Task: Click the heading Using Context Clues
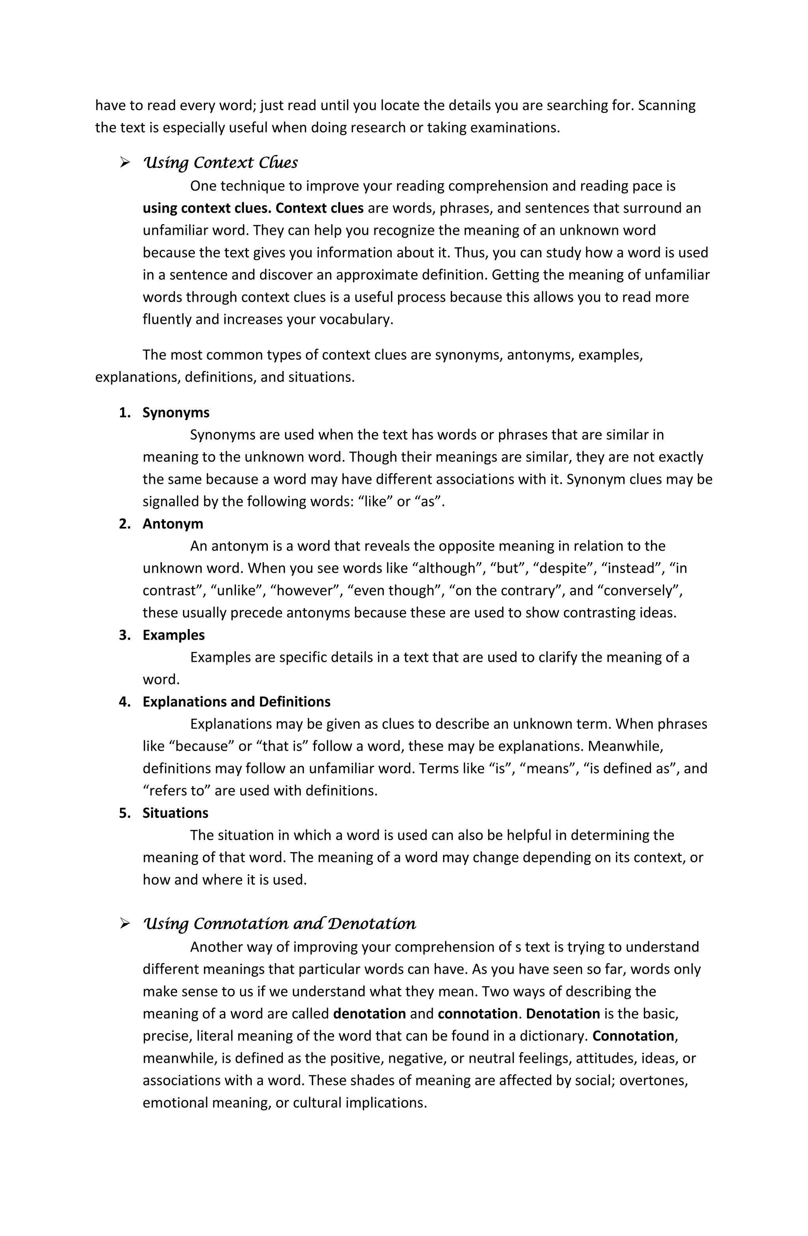click(x=220, y=163)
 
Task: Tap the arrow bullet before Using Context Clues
click(x=125, y=163)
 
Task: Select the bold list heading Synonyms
click(x=176, y=413)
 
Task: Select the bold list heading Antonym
click(x=173, y=524)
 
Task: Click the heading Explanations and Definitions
click(x=236, y=702)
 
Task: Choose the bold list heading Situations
click(x=176, y=813)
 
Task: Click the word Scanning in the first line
click(x=666, y=105)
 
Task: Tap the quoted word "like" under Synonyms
click(x=375, y=502)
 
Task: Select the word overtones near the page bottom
click(x=652, y=1081)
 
